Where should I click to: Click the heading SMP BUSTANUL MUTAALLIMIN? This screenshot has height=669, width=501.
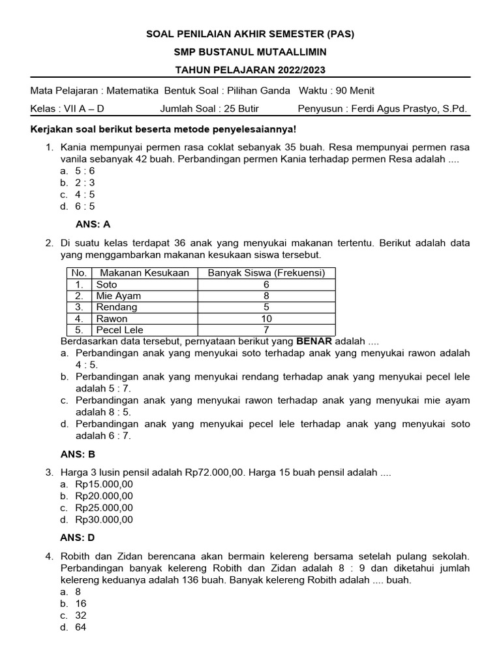[x=250, y=52]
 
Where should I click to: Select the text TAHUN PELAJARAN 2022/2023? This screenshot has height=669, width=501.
[x=250, y=69]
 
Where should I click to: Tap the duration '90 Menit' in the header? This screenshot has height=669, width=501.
[x=354, y=91]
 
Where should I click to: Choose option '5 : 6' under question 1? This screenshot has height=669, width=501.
[x=85, y=171]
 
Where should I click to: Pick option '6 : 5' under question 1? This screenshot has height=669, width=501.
[x=85, y=206]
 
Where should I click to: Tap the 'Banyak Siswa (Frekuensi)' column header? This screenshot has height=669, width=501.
[x=266, y=272]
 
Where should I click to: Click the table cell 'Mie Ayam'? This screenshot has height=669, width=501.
[x=119, y=295]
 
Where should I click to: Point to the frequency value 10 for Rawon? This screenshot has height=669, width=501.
[x=266, y=319]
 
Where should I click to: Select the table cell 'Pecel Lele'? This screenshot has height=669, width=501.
[x=120, y=330]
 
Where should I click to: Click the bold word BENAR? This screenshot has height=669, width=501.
[x=314, y=341]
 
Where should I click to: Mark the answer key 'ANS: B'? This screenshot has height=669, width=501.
[x=93, y=454]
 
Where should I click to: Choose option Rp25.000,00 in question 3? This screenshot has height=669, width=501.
[x=104, y=508]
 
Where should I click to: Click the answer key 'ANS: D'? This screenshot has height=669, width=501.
[x=93, y=538]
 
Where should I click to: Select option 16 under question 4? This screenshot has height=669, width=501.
[x=81, y=604]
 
